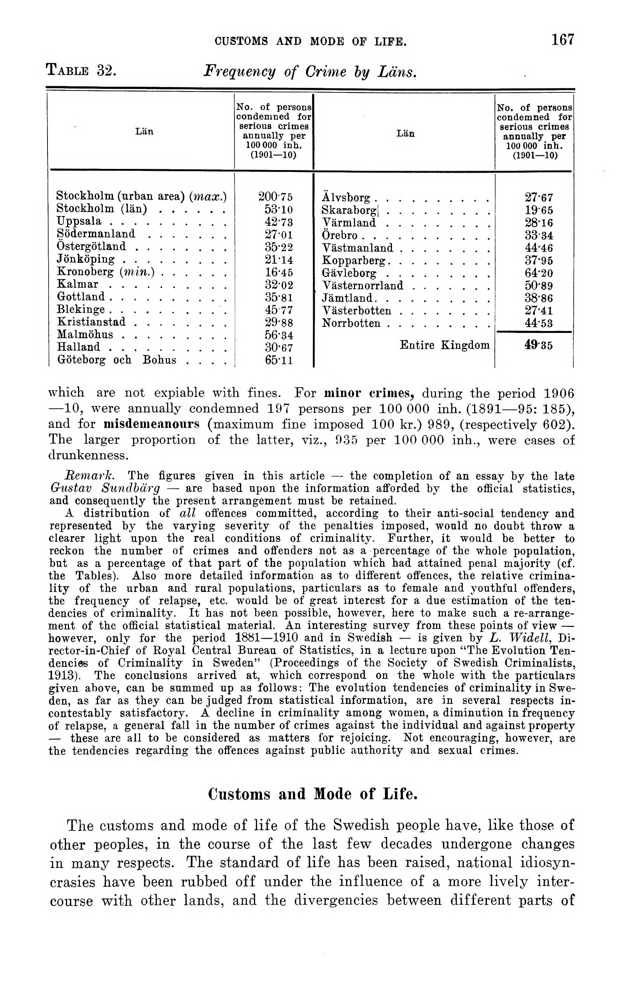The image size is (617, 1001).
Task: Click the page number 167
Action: [563, 40]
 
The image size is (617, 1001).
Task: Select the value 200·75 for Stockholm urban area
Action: [276, 197]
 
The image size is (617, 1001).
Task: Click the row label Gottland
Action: [81, 297]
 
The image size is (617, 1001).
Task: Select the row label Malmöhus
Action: [85, 335]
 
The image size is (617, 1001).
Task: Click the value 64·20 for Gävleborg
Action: [539, 273]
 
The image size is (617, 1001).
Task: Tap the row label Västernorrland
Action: [362, 285]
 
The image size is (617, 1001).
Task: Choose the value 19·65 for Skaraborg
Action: [539, 210]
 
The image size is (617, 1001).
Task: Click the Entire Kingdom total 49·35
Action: [539, 345]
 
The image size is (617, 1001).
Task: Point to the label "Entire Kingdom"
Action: [444, 345]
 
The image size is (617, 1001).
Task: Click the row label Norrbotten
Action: [351, 323]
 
